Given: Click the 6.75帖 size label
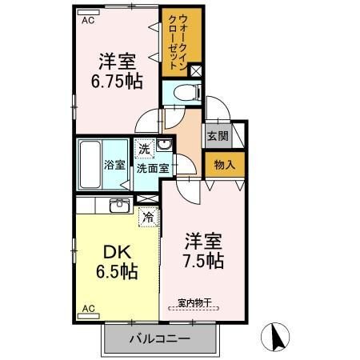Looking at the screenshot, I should pos(116,81).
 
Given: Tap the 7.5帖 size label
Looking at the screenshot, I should pos(205,260).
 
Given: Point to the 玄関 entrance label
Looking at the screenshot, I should pos(218,136).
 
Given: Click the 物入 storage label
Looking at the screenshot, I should pos(224,165).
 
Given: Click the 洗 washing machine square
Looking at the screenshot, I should pos(143,148).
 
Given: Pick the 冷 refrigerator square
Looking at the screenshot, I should pos(147,214).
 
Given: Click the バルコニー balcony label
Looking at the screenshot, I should pos(161,340).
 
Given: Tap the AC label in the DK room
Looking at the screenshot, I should pos(89,308).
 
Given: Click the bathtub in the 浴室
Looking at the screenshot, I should pos(90,163).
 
